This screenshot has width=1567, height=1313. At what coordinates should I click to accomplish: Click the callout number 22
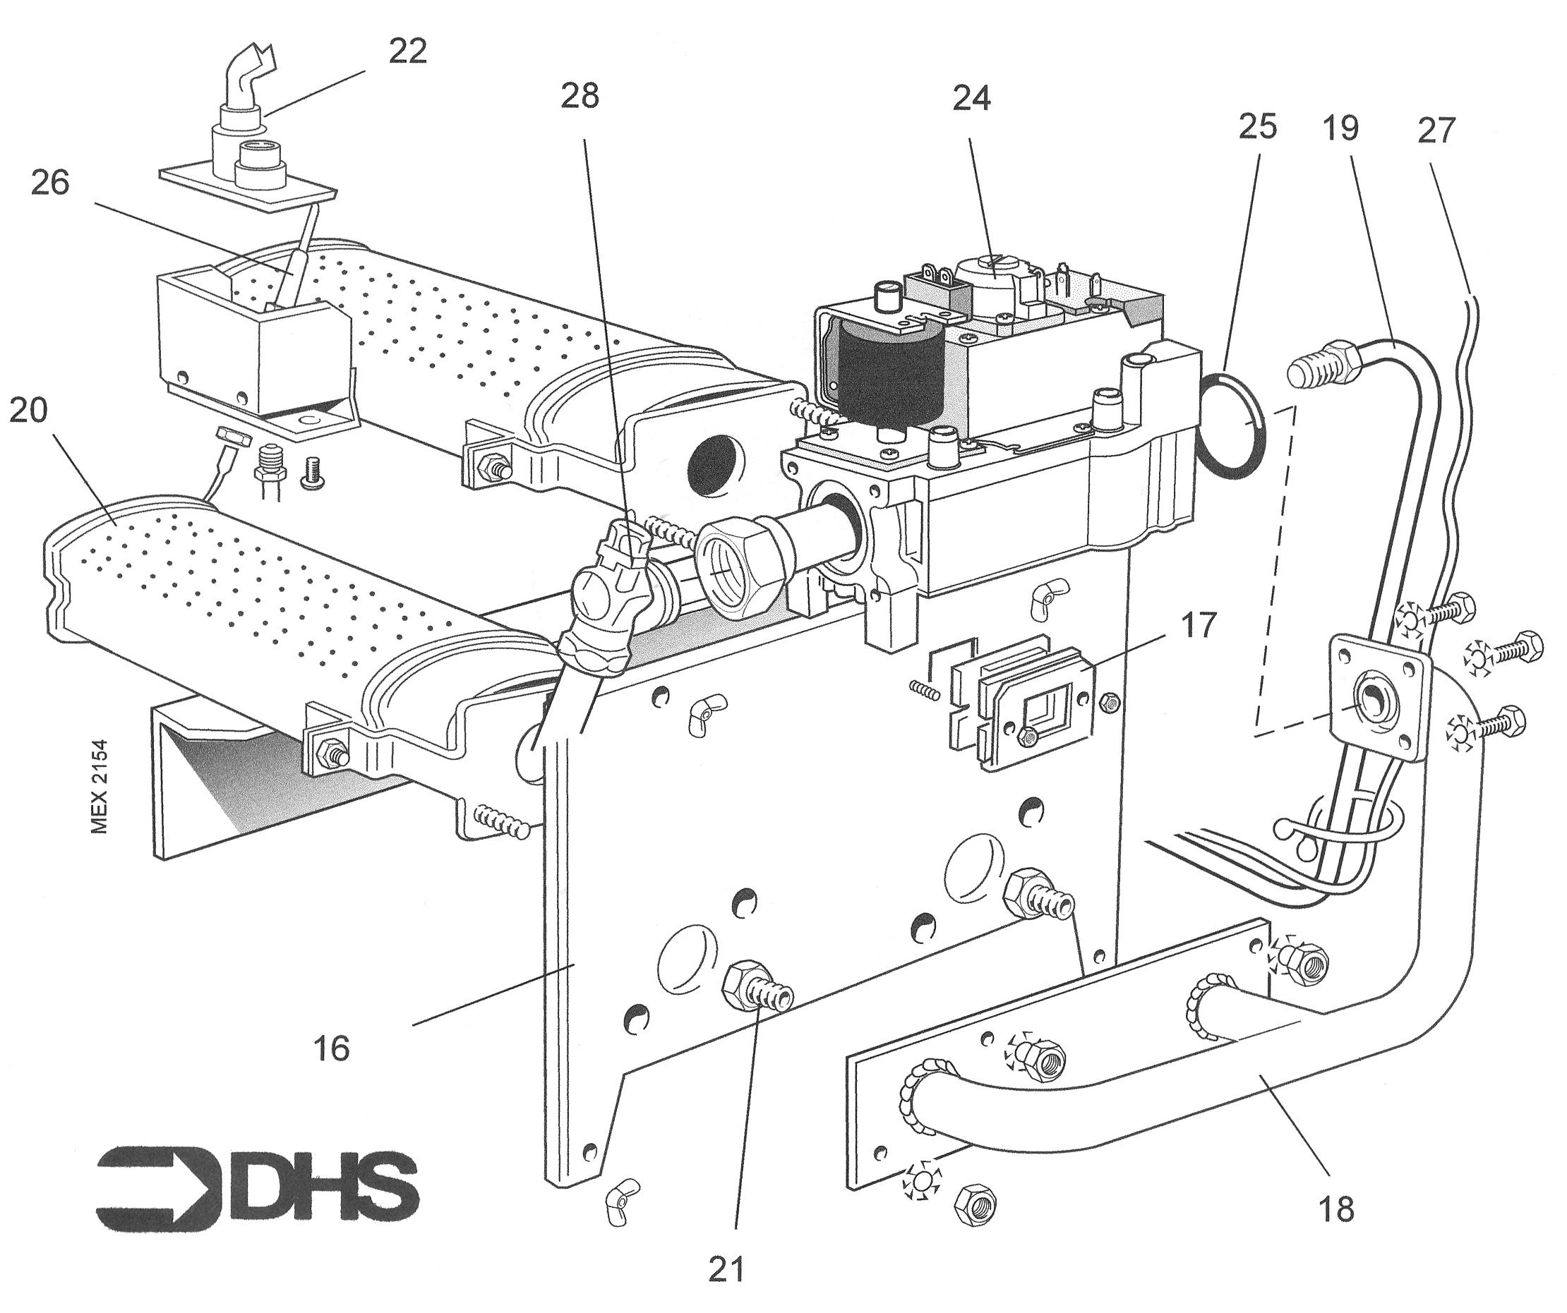[407, 51]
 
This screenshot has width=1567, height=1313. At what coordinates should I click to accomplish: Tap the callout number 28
[580, 96]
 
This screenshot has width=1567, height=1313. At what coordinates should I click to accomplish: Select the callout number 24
[971, 98]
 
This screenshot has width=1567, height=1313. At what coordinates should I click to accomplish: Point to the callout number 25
[1257, 127]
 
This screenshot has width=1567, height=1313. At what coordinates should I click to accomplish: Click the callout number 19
[1340, 128]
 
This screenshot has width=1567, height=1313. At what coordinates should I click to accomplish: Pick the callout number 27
[1436, 131]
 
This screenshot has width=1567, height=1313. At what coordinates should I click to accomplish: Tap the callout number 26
[50, 183]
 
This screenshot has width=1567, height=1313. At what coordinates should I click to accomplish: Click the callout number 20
[28, 411]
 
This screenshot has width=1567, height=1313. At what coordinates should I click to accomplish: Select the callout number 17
[1198, 625]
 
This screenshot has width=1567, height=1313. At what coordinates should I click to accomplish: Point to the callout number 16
[332, 1049]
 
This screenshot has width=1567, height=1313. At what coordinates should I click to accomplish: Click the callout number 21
[726, 1269]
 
